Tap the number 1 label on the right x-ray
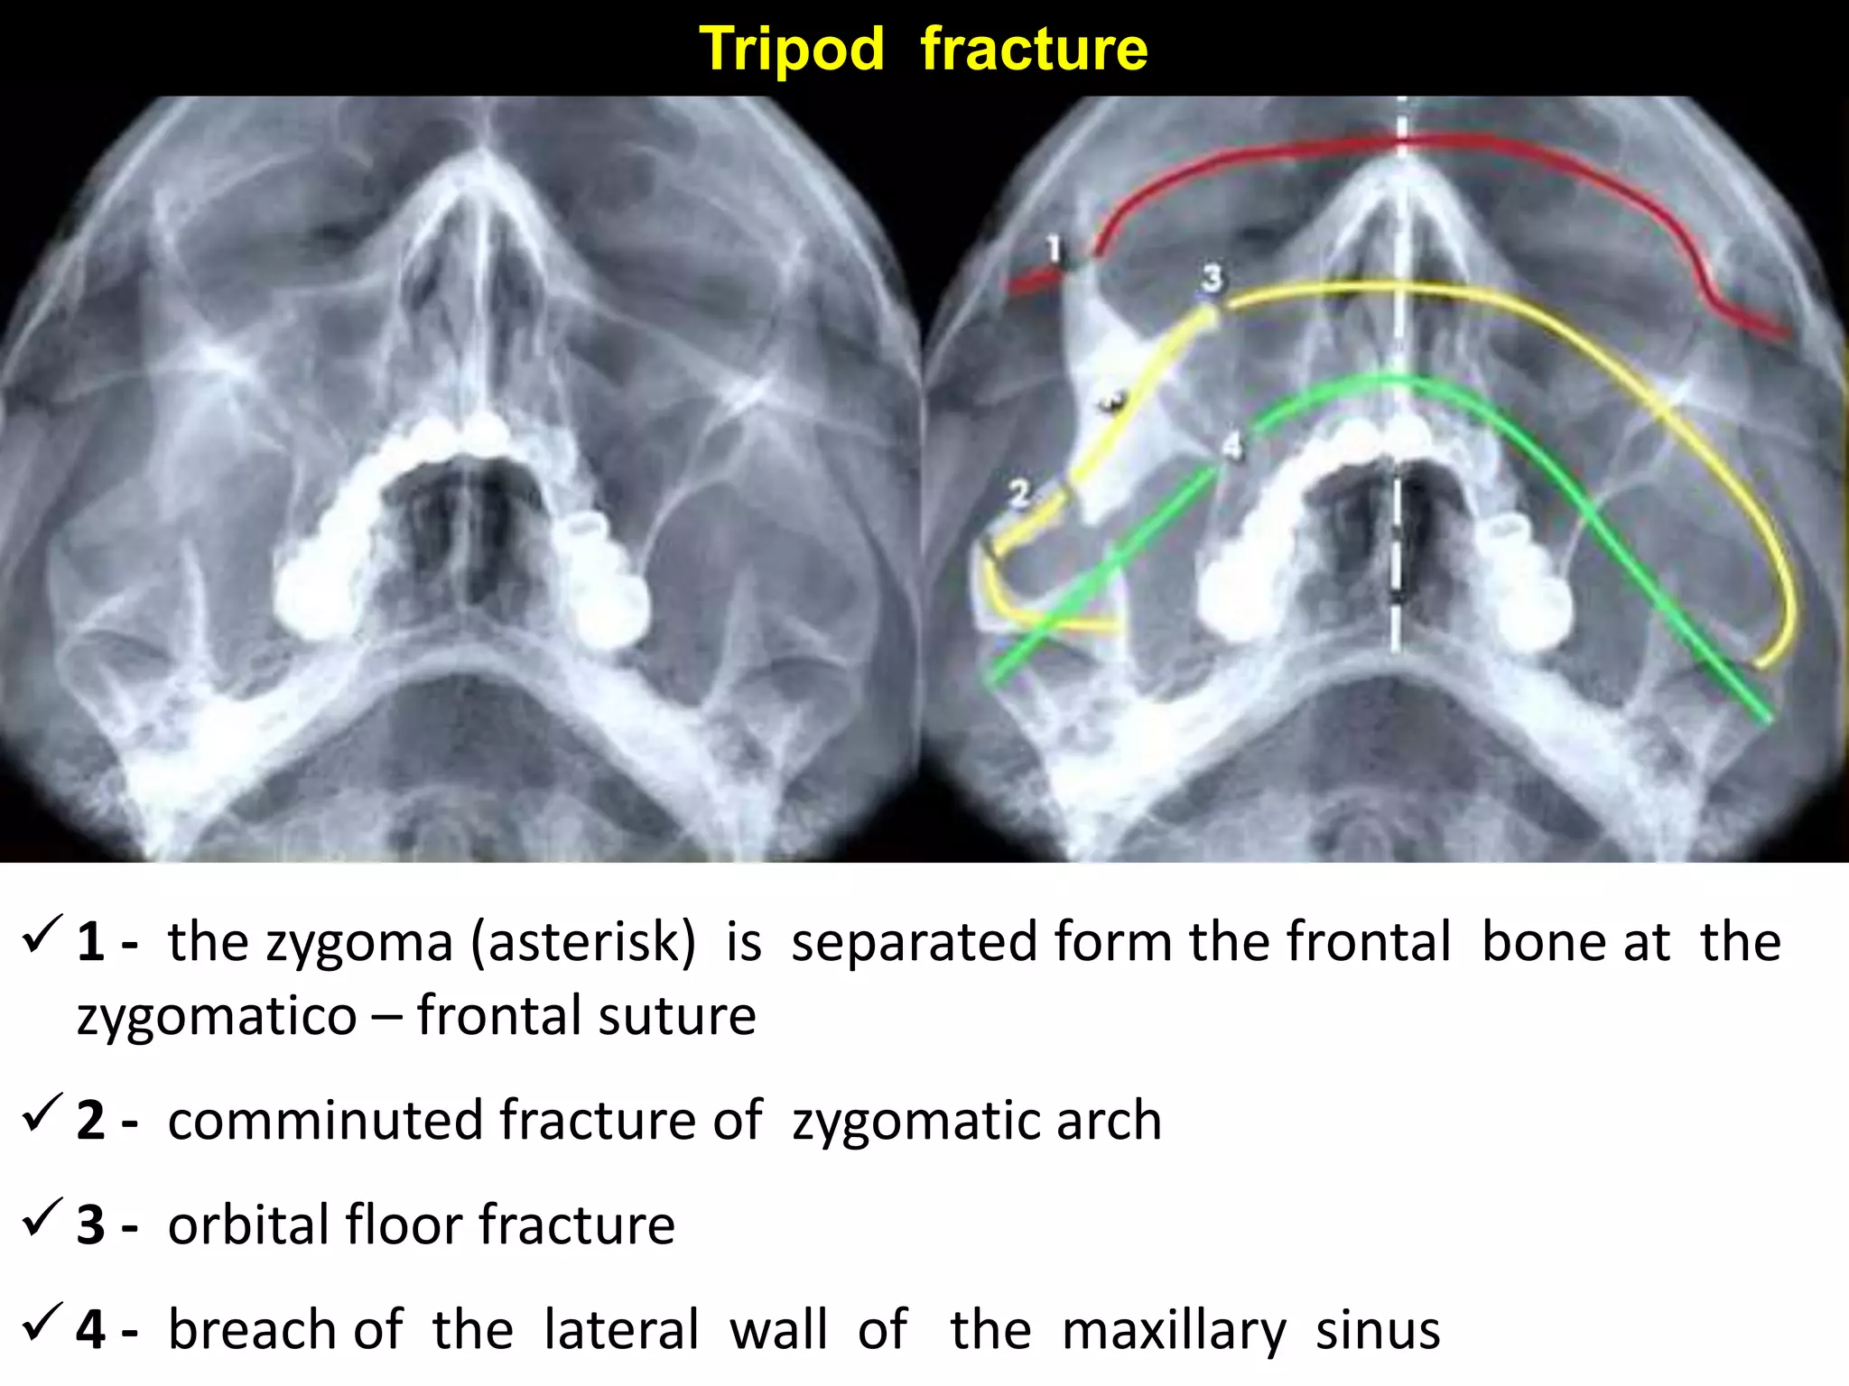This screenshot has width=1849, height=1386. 1053,247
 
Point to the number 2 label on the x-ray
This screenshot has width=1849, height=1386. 1019,494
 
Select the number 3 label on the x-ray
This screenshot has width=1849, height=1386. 1212,278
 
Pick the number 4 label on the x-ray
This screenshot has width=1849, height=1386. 1231,446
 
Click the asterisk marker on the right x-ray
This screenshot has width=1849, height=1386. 1111,401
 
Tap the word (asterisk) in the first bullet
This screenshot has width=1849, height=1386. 585,942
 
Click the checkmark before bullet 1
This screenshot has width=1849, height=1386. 42,935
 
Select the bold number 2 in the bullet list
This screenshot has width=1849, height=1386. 91,1121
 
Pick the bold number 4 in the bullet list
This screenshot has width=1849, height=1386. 91,1330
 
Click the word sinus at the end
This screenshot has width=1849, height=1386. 1378,1330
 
